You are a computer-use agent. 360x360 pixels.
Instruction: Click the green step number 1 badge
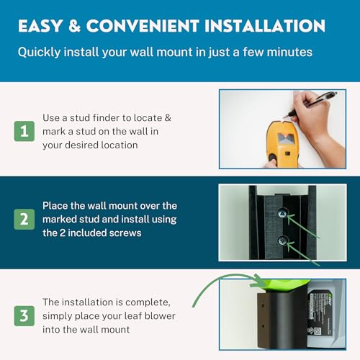point(24,130)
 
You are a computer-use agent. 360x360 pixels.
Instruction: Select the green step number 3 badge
point(24,315)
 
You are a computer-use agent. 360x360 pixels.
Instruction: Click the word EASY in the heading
point(42,27)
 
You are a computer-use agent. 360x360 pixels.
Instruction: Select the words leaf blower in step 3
point(152,315)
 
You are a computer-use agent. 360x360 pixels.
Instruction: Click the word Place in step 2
point(55,205)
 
